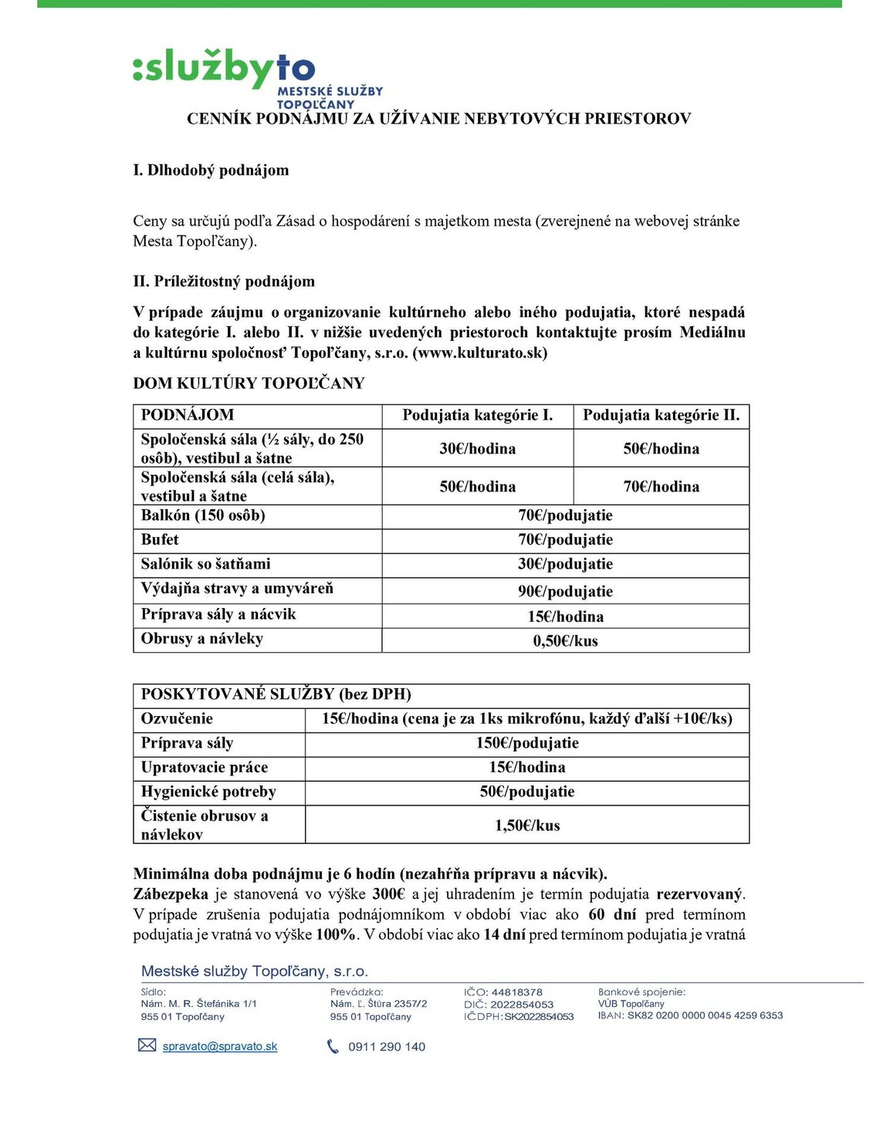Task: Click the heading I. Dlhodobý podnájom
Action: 211,170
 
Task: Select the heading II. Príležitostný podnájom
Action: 224,281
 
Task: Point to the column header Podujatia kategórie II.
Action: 661,415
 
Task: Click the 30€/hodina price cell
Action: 477,448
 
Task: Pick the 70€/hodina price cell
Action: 661,486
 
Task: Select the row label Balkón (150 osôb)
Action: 203,515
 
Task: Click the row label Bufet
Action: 160,539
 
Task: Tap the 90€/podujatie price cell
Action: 565,591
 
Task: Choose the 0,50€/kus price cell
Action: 565,640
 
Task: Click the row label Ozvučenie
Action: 177,718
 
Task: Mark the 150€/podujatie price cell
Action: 526,743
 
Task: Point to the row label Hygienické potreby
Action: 208,792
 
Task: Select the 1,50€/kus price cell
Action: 526,825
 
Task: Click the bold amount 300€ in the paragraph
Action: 388,894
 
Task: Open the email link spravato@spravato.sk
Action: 220,1047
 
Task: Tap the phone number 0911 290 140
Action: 386,1047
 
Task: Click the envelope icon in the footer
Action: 147,1045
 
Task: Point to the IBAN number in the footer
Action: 705,1015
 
